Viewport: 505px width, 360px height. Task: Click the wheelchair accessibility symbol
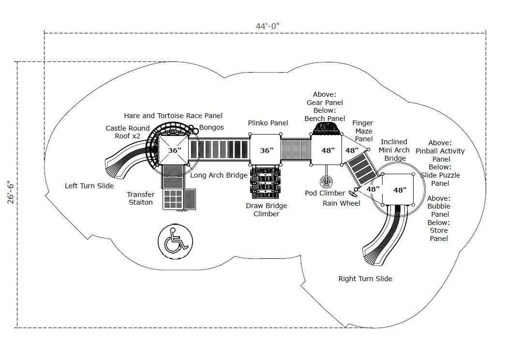pos(175,241)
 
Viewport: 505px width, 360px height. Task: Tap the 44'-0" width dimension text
pos(267,26)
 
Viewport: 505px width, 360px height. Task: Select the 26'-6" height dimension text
pos(11,193)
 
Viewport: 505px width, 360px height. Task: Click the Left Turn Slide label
pos(89,186)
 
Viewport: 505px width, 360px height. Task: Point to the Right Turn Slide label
pos(365,279)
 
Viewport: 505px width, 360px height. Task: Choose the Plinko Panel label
pos(268,123)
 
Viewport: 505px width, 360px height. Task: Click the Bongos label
pos(211,127)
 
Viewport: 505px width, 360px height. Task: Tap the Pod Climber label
pos(325,193)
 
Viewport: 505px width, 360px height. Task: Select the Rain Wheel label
pos(342,203)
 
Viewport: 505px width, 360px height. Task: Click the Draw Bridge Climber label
pos(267,210)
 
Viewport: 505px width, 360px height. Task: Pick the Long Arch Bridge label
pos(219,175)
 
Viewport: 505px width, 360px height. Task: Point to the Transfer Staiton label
pos(140,198)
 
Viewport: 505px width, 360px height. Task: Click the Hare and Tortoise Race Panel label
pos(173,115)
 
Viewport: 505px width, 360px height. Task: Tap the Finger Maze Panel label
pos(363,131)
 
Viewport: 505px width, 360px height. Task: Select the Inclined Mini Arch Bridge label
pos(394,150)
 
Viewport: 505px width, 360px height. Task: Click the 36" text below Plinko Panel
pos(267,150)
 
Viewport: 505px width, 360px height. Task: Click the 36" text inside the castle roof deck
pos(175,150)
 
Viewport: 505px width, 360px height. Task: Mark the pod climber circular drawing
pos(326,182)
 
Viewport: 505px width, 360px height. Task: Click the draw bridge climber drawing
pos(266,183)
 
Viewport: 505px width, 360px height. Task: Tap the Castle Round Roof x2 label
pos(128,132)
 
